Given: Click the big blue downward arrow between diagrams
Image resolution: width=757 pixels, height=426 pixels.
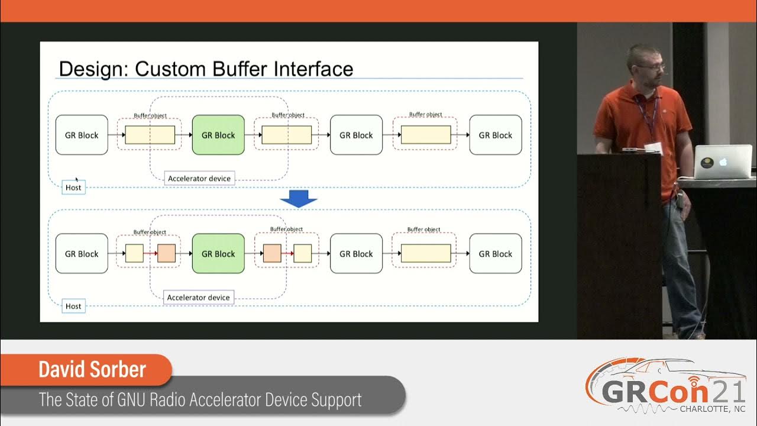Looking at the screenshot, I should (x=299, y=199).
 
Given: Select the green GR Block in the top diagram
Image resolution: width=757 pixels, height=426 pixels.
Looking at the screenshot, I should (x=218, y=135).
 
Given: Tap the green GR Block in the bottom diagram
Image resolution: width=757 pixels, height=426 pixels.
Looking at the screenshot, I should (x=218, y=254).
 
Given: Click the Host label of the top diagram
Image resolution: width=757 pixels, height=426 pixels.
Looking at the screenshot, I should (x=73, y=188).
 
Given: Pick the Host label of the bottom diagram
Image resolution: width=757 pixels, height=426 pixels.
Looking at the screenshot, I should (x=73, y=306).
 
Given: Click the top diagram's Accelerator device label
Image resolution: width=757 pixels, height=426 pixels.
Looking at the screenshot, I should (x=199, y=178).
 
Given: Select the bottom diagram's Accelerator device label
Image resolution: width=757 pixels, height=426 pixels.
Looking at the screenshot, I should (x=199, y=298).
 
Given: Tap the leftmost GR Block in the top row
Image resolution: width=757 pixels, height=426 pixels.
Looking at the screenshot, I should (x=82, y=135).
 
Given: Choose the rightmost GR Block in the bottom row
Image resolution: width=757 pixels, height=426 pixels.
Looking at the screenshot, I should (x=495, y=254).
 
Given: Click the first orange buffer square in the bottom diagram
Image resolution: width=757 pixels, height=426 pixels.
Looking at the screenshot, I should (x=167, y=253).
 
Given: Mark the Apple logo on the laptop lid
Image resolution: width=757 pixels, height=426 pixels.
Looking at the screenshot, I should (x=722, y=162).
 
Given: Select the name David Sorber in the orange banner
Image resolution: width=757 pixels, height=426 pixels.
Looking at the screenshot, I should (x=92, y=370).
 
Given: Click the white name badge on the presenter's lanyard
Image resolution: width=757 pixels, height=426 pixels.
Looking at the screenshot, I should (x=653, y=148).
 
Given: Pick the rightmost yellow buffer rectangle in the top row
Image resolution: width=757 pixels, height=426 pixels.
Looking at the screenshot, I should (x=426, y=135).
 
